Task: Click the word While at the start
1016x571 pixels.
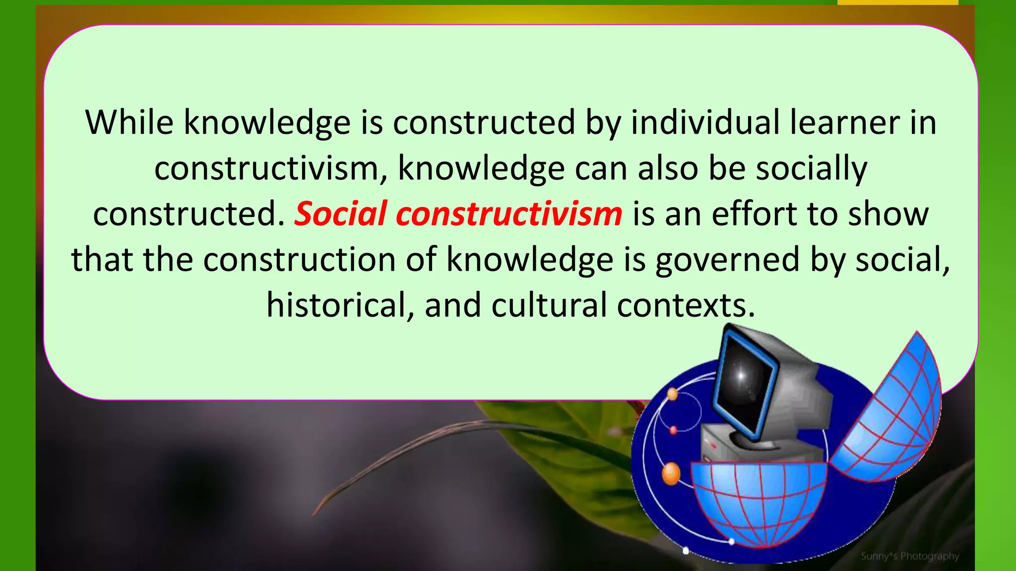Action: [129, 122]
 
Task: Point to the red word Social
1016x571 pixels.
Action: [340, 214]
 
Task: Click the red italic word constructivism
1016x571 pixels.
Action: [508, 214]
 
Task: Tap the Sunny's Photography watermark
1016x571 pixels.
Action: [910, 556]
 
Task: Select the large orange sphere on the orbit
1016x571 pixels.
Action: [671, 473]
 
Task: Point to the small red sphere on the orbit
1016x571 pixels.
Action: [673, 430]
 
